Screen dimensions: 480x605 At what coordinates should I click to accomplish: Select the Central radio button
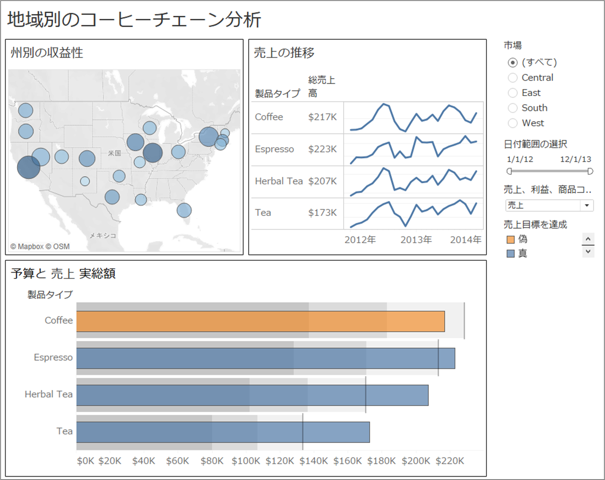pyautogui.click(x=513, y=78)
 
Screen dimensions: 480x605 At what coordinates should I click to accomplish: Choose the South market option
pyautogui.click(x=513, y=108)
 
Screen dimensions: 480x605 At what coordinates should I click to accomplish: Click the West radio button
pyautogui.click(x=513, y=123)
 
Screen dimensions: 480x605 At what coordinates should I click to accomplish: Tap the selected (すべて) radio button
pyautogui.click(x=513, y=62)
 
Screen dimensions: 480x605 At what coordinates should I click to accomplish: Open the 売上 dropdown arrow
pyautogui.click(x=587, y=205)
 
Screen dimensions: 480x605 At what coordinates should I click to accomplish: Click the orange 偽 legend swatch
pyautogui.click(x=511, y=240)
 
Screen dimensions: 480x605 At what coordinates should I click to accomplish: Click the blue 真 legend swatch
pyautogui.click(x=511, y=254)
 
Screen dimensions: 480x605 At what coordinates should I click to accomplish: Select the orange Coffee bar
pyautogui.click(x=260, y=321)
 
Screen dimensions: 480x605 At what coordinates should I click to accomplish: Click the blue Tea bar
pyautogui.click(x=223, y=432)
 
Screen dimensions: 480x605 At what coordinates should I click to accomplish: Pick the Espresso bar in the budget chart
pyautogui.click(x=265, y=358)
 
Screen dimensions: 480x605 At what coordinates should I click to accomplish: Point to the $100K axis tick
pyautogui.click(x=246, y=461)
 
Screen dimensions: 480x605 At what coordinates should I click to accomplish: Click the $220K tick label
pyautogui.click(x=450, y=461)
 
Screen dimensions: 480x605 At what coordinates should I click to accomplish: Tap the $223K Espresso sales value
pyautogui.click(x=322, y=149)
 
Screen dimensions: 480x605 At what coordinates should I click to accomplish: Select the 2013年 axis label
pyautogui.click(x=416, y=240)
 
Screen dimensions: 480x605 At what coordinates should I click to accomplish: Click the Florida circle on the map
pyautogui.click(x=184, y=210)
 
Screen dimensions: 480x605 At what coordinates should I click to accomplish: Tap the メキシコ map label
pyautogui.click(x=102, y=235)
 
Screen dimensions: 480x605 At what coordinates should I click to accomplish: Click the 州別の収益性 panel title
pyautogui.click(x=47, y=53)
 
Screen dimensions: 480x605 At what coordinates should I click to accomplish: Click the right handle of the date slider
pyautogui.click(x=590, y=171)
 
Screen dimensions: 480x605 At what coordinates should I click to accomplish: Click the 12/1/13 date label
pyautogui.click(x=575, y=159)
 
